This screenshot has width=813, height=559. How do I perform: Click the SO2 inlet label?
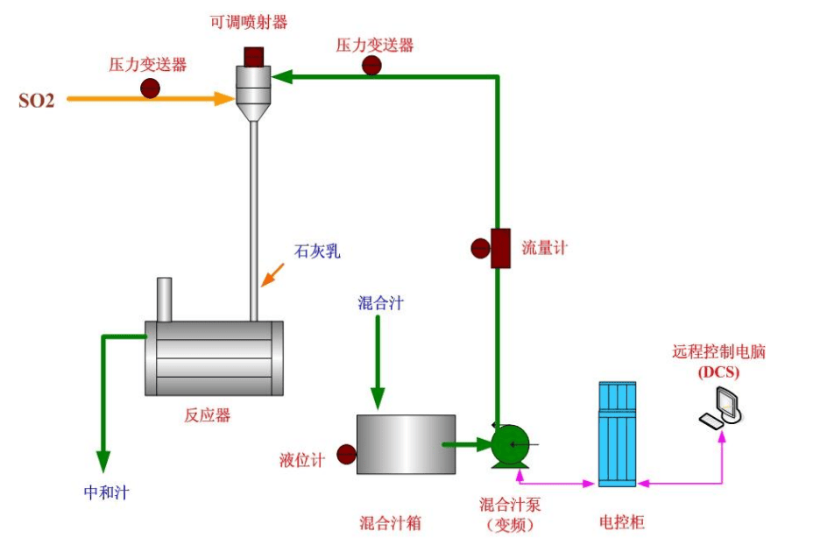click(37, 100)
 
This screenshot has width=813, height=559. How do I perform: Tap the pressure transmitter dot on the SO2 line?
click(151, 88)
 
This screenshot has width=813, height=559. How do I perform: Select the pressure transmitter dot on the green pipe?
click(372, 65)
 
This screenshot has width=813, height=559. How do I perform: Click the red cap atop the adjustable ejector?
click(254, 55)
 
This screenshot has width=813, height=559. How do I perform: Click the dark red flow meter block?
click(500, 248)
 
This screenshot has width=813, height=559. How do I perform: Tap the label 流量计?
click(544, 248)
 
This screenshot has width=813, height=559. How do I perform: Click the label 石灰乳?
click(316, 252)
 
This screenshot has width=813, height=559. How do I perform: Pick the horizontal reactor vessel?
click(214, 357)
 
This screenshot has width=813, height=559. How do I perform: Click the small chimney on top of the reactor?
click(164, 300)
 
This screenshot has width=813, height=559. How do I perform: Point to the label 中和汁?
click(106, 492)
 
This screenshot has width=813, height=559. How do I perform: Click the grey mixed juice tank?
click(406, 444)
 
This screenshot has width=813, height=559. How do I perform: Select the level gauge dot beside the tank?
click(346, 454)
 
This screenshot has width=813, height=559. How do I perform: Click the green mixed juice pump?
click(509, 445)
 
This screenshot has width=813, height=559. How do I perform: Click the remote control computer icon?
click(722, 407)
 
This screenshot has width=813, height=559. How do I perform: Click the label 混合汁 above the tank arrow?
click(380, 303)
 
